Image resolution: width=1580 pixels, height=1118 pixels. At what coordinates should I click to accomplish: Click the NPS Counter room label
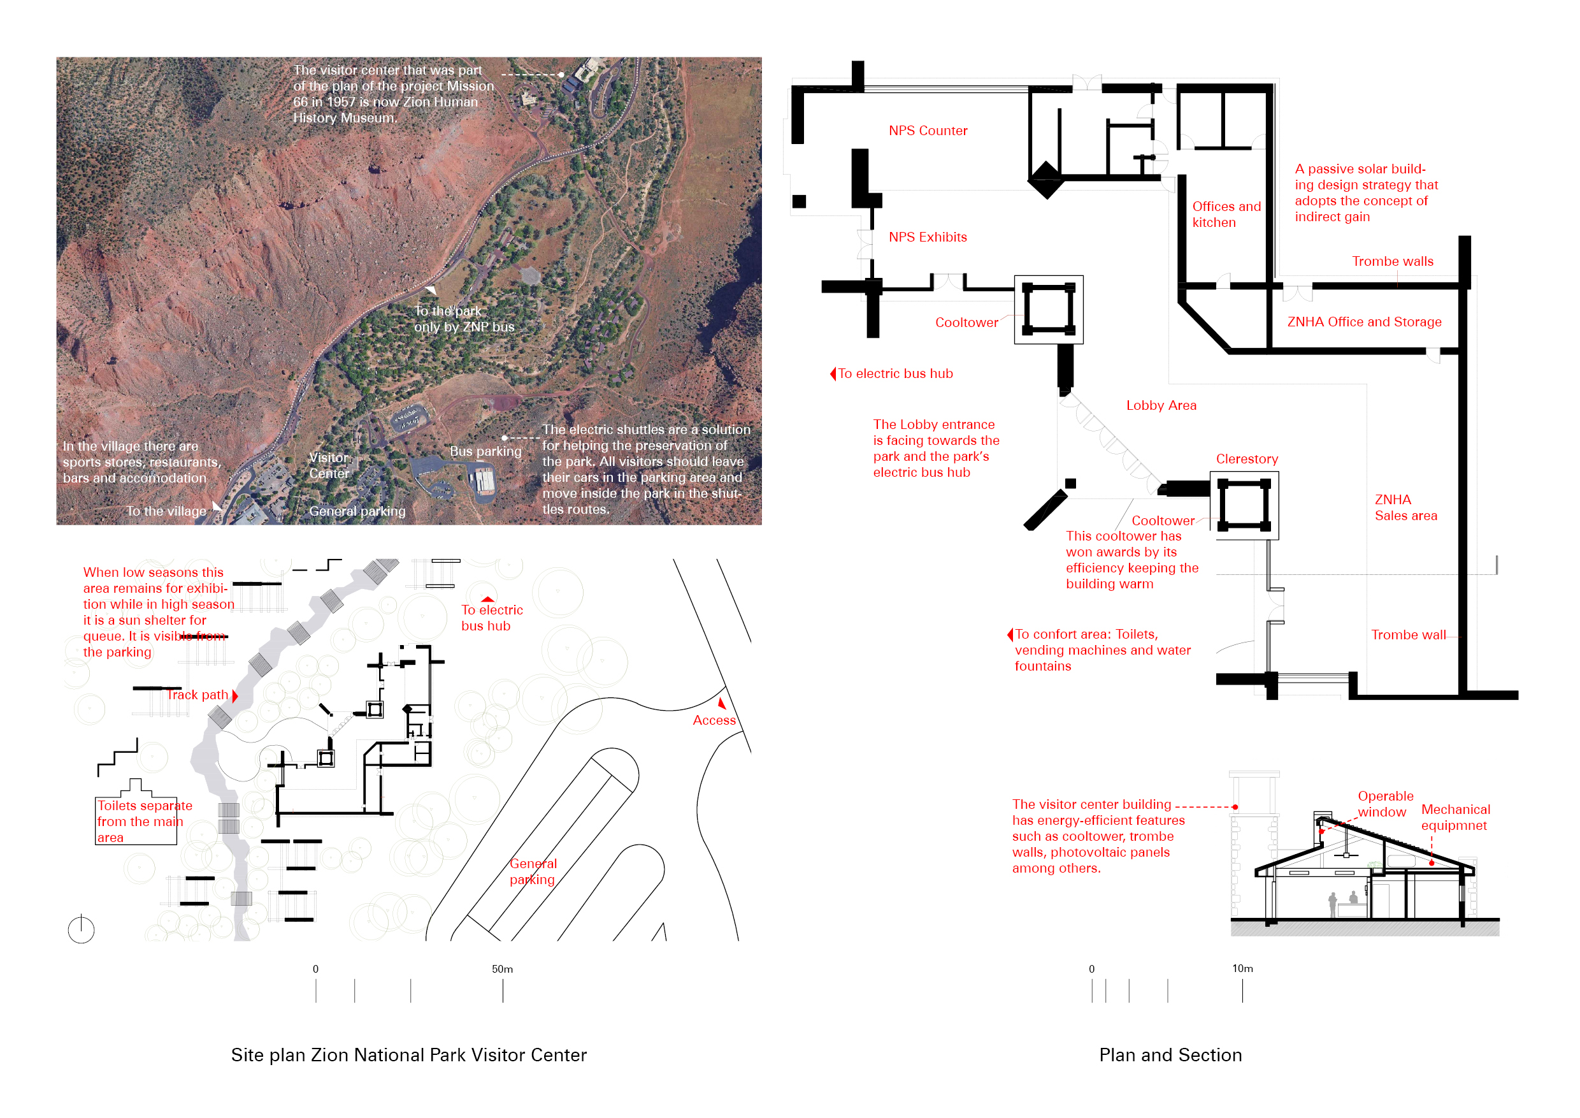pyautogui.click(x=928, y=131)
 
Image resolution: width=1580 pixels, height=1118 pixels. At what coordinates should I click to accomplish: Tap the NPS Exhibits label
pyautogui.click(x=928, y=238)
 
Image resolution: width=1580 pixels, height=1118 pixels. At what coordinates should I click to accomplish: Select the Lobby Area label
pyautogui.click(x=1161, y=405)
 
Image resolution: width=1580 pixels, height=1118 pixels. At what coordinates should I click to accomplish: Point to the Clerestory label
pyautogui.click(x=1246, y=459)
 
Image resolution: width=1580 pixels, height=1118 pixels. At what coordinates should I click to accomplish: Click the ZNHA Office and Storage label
pyautogui.click(x=1364, y=322)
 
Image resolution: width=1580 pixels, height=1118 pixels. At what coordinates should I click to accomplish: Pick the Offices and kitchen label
pyautogui.click(x=1226, y=214)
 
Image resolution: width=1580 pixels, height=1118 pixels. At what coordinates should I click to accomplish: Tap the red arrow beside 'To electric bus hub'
pyautogui.click(x=833, y=374)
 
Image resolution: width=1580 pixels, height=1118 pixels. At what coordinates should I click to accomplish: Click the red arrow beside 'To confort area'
pyautogui.click(x=1010, y=635)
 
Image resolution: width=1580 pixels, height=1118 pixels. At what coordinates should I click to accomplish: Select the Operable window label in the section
pyautogui.click(x=1384, y=804)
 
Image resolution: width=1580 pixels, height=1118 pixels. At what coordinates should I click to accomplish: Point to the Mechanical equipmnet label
pyautogui.click(x=1454, y=817)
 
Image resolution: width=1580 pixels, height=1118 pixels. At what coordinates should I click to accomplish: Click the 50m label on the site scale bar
pyautogui.click(x=503, y=969)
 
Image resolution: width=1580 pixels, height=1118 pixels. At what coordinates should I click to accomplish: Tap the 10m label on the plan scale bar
pyautogui.click(x=1242, y=969)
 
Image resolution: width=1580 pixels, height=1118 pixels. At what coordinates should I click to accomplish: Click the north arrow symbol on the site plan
pyautogui.click(x=81, y=929)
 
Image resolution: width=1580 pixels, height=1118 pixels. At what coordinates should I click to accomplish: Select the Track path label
pyautogui.click(x=197, y=695)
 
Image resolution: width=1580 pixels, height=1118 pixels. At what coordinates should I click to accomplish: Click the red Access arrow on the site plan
pyautogui.click(x=721, y=704)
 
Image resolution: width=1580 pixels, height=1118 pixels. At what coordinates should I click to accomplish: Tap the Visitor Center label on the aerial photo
pyautogui.click(x=329, y=465)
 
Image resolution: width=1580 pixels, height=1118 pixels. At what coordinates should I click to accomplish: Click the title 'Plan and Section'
pyautogui.click(x=1170, y=1056)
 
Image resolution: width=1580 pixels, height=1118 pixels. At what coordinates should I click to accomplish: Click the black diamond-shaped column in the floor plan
pyautogui.click(x=1046, y=180)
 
